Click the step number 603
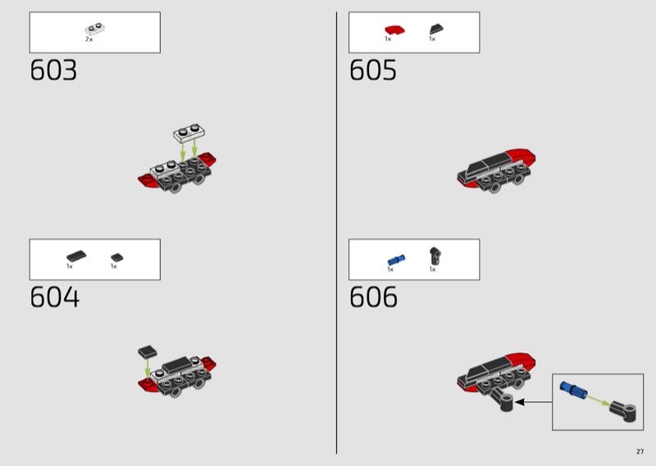(53, 70)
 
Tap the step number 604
(54, 297)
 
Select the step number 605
(373, 70)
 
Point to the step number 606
(373, 297)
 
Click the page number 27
(640, 451)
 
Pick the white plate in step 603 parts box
(95, 29)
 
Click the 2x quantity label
(89, 39)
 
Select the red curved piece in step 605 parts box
(394, 30)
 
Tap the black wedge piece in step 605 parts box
(436, 29)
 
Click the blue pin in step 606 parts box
(396, 260)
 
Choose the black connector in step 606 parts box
(435, 256)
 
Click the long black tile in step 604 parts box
(76, 256)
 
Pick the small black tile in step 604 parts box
(116, 258)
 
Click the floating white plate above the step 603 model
(189, 133)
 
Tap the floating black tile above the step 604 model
(148, 352)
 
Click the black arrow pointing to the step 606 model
(534, 402)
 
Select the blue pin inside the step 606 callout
(573, 390)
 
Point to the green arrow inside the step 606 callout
(598, 400)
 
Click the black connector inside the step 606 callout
(623, 411)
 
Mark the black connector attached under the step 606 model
(502, 399)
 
